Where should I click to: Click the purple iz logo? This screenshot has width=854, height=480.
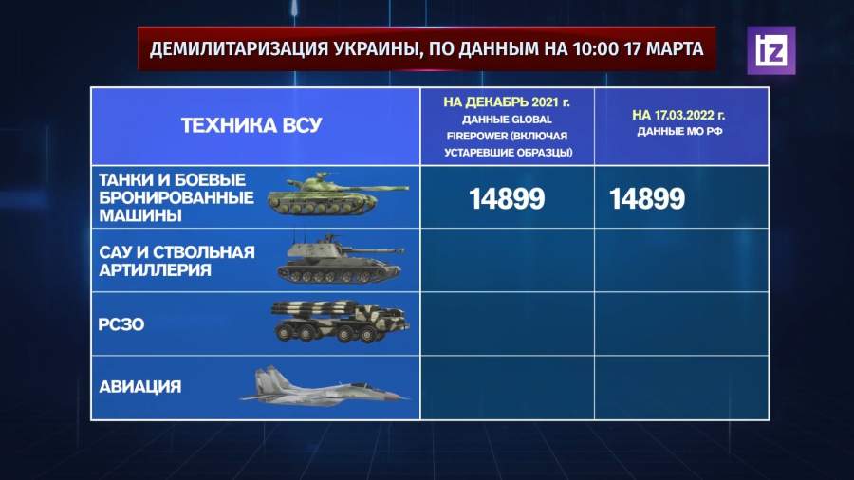(x=770, y=50)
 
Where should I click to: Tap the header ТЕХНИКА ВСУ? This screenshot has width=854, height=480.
(x=251, y=126)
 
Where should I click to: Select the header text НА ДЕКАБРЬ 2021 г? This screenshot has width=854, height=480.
(x=507, y=102)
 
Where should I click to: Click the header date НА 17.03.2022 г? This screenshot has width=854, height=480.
(x=678, y=116)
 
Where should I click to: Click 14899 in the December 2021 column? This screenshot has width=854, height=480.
(x=507, y=198)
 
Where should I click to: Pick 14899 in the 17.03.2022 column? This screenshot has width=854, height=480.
(x=646, y=198)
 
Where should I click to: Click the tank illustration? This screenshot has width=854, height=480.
(x=338, y=194)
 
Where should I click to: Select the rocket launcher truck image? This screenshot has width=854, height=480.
(x=341, y=322)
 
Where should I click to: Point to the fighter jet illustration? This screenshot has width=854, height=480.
(x=325, y=386)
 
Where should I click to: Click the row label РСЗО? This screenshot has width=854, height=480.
(x=121, y=324)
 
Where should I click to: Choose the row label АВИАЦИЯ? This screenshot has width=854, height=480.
(x=140, y=387)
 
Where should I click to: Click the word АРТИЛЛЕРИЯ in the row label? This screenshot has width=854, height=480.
(x=155, y=270)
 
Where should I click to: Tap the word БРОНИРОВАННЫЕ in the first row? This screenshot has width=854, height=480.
(x=176, y=197)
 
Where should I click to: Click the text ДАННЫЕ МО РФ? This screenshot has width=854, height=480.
(x=679, y=132)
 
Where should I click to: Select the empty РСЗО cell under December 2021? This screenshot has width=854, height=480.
(x=508, y=323)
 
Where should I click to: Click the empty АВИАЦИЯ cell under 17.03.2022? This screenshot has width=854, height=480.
(x=681, y=387)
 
